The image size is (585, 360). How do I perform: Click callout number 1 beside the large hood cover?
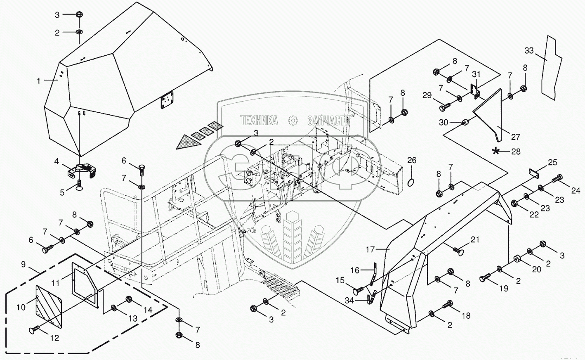pyautogui.click(x=39, y=81)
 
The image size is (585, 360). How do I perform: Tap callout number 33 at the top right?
pyautogui.click(x=529, y=50)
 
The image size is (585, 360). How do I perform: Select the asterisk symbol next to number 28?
pyautogui.click(x=495, y=151)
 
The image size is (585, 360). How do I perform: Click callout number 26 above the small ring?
pyautogui.click(x=412, y=160)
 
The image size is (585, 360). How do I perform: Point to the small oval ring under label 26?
pyautogui.click(x=411, y=183)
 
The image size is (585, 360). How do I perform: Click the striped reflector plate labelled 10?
pyautogui.click(x=49, y=306)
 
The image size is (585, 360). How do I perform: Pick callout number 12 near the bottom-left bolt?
pyautogui.click(x=54, y=338)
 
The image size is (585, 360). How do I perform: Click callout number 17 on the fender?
pyautogui.click(x=370, y=250)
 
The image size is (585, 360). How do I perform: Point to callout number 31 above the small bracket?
pyautogui.click(x=476, y=74)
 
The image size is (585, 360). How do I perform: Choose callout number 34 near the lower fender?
pyautogui.click(x=349, y=301)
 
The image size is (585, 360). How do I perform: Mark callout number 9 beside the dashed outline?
pyautogui.click(x=23, y=264)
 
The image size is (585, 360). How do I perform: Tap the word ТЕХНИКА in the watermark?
pyautogui.click(x=259, y=121)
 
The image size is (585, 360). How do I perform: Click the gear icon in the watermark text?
pyautogui.click(x=293, y=121)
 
